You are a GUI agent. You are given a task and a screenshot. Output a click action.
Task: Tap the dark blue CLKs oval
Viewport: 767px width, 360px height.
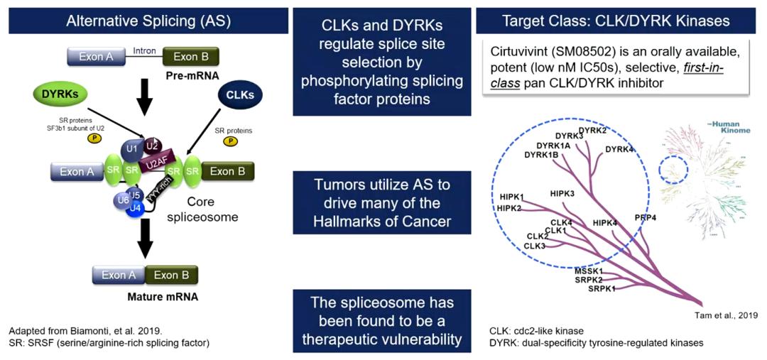240,94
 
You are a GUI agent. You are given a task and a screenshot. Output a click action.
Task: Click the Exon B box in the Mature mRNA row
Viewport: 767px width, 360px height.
171,275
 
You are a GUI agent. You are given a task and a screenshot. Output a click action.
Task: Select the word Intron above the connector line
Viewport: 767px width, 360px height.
144,50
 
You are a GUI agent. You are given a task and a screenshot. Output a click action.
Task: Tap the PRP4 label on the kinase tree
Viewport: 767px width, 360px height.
645,217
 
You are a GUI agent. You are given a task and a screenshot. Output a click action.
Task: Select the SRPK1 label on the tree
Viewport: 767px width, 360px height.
602,288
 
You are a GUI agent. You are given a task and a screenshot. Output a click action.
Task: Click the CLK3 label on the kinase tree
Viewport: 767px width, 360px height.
535,246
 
